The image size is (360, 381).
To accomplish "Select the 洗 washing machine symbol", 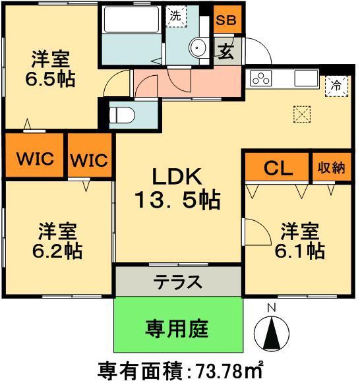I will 175,17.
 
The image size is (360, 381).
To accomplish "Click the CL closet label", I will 278,168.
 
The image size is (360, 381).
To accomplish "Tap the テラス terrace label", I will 177,281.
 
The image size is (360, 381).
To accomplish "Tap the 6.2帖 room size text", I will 55,251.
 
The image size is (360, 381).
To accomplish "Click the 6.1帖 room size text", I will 300,251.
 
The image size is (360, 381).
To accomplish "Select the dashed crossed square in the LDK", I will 301,113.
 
